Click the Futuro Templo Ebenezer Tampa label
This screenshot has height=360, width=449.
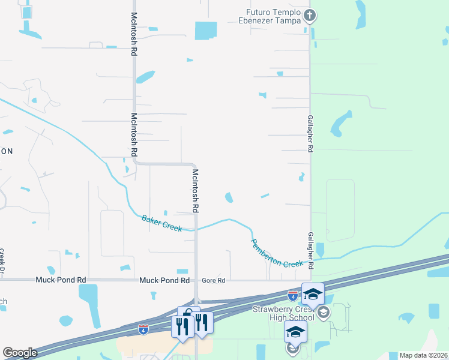click(275, 17)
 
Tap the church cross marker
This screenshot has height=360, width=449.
click(310, 15)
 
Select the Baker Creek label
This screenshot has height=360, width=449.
click(161, 224)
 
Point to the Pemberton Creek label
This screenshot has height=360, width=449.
click(277, 253)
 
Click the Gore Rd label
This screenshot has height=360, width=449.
click(213, 280)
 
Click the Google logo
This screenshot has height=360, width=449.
click(20, 353)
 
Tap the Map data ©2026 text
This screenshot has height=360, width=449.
click(424, 355)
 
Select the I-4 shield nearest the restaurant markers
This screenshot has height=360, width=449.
click(143, 329)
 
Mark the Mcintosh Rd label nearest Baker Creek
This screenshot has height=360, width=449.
click(195, 191)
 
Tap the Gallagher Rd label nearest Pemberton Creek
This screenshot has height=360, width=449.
click(310, 250)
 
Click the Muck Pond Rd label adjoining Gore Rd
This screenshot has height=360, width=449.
click(164, 280)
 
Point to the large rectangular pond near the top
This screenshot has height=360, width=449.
click(206, 30)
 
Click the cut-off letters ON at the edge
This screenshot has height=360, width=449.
click(6, 151)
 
